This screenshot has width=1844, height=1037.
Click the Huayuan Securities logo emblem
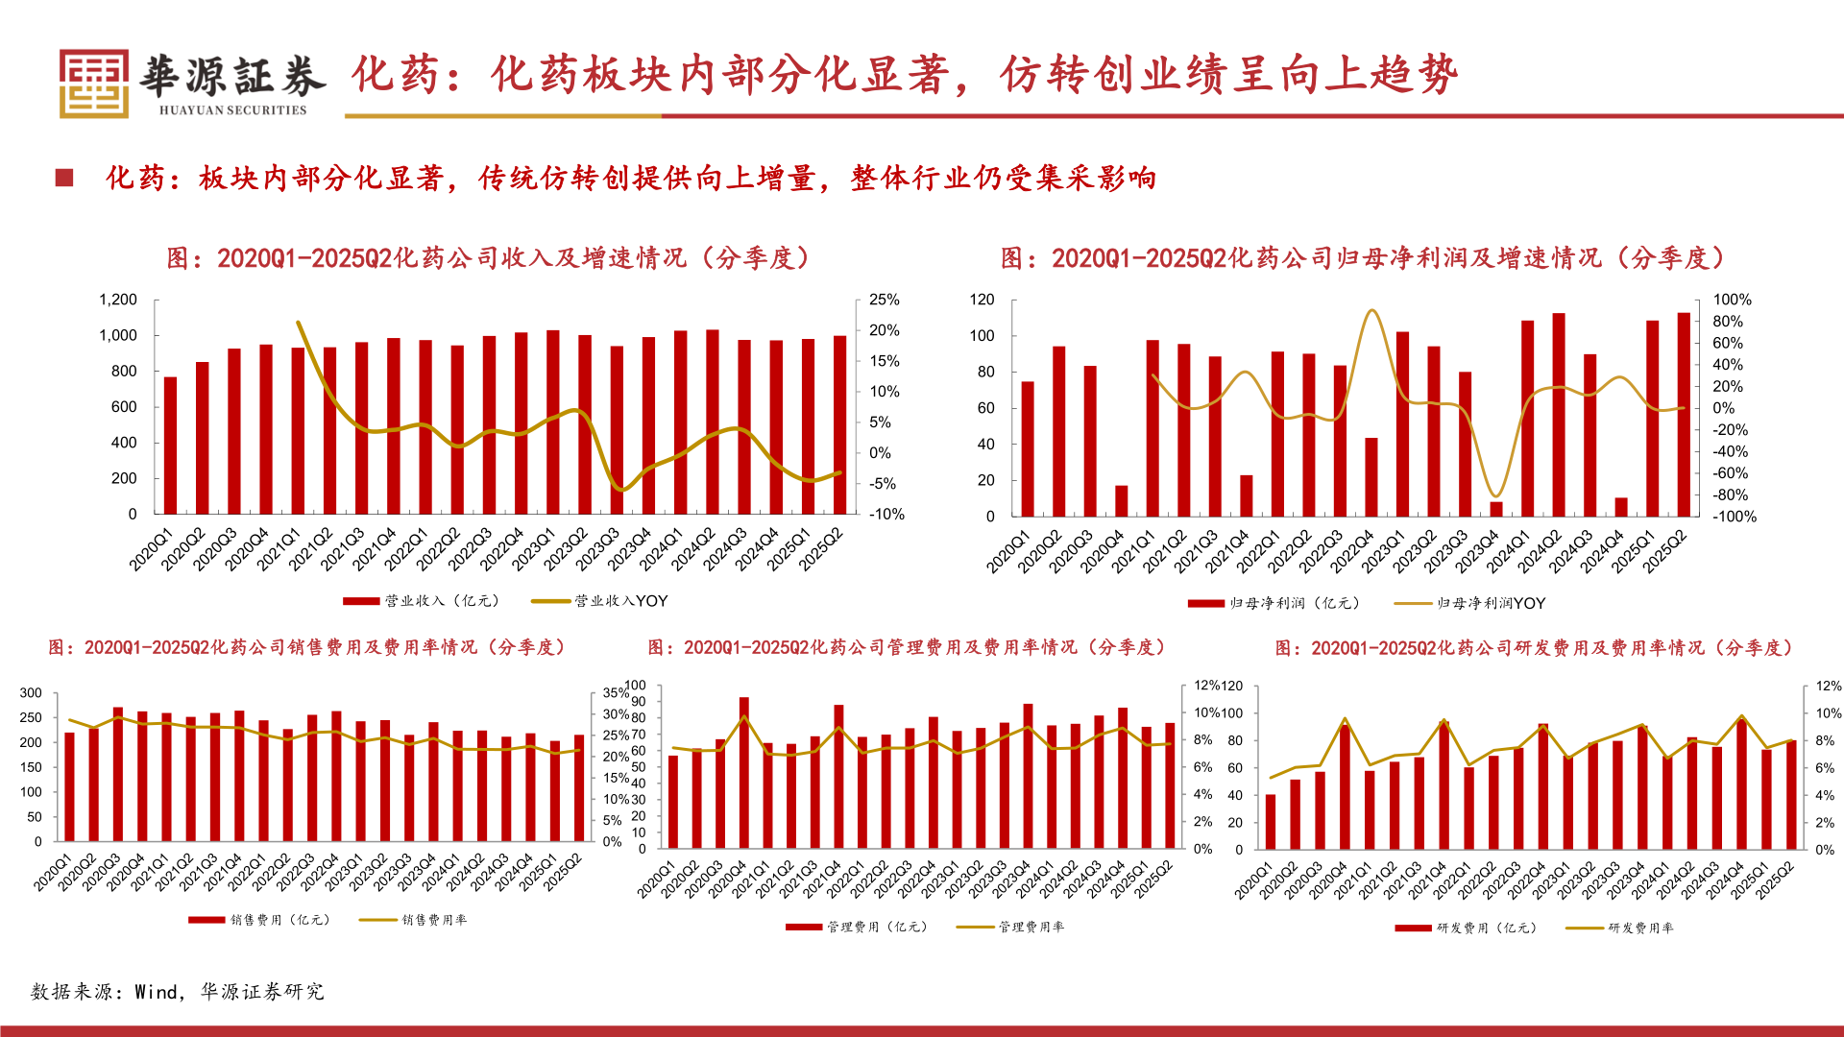tap(93, 84)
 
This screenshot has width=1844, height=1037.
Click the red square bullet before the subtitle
tap(64, 178)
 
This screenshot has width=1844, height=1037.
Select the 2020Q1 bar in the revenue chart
tap(170, 446)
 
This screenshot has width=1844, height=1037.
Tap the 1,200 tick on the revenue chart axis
tap(118, 300)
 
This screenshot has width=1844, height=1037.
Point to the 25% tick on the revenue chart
tap(884, 300)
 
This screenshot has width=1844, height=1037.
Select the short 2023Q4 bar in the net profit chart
tap(1496, 509)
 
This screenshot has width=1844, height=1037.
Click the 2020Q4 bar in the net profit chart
tap(1121, 501)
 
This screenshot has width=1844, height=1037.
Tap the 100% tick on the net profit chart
tap(1733, 300)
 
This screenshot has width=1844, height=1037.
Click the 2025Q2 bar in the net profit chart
tap(1684, 415)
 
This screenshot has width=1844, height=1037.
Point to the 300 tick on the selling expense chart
tap(31, 693)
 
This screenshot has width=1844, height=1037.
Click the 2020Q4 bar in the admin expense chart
tap(744, 773)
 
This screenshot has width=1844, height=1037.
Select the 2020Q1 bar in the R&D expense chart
tap(1271, 822)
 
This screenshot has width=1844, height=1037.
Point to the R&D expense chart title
tap(1535, 648)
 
